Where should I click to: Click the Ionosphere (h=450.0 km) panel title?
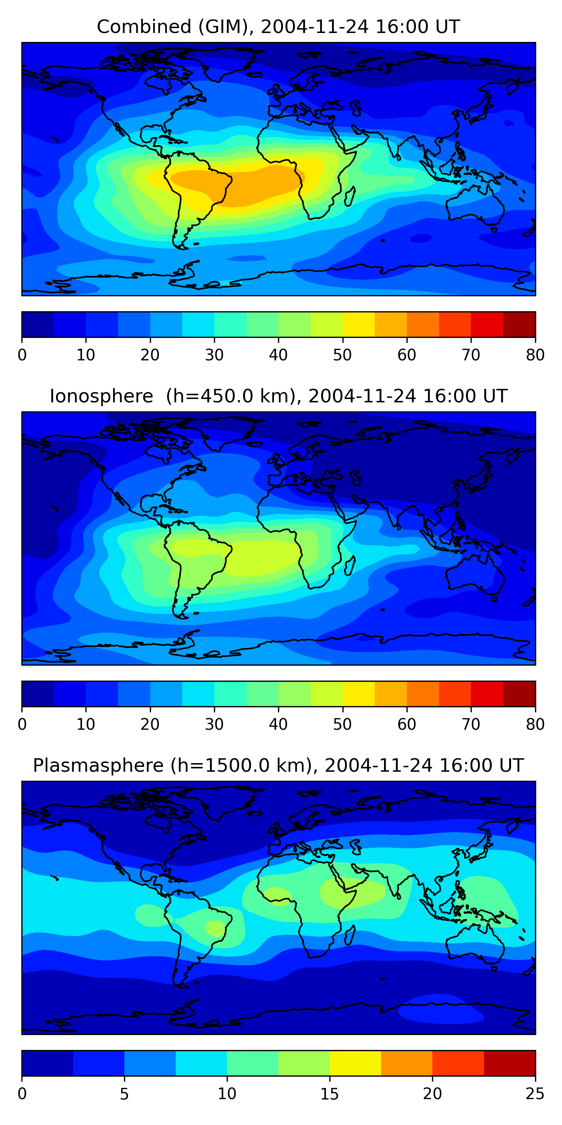coord(278,396)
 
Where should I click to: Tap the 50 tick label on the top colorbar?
coord(342,355)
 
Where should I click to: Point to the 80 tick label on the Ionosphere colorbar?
coord(535,724)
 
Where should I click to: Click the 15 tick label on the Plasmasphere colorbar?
coord(329,1093)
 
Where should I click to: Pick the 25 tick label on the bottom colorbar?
coord(535,1093)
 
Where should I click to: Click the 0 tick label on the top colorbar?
coord(22,355)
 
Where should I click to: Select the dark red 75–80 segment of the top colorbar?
coord(519,324)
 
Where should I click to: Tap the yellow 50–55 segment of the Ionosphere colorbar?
coord(358,693)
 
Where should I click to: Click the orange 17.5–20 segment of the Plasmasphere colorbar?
coord(407,1063)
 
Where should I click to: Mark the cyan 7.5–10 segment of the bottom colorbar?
coord(201,1063)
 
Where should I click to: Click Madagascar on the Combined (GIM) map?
coord(350,196)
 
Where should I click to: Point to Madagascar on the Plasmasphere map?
coord(350,935)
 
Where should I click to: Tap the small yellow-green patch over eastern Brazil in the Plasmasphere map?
coord(215,928)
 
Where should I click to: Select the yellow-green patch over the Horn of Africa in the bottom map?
coord(349,892)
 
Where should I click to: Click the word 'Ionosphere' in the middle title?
coord(101,396)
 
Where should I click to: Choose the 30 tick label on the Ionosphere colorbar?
coord(214,724)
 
